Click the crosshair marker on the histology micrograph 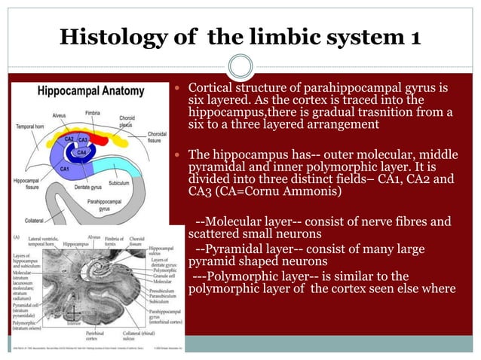coord(73,315)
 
